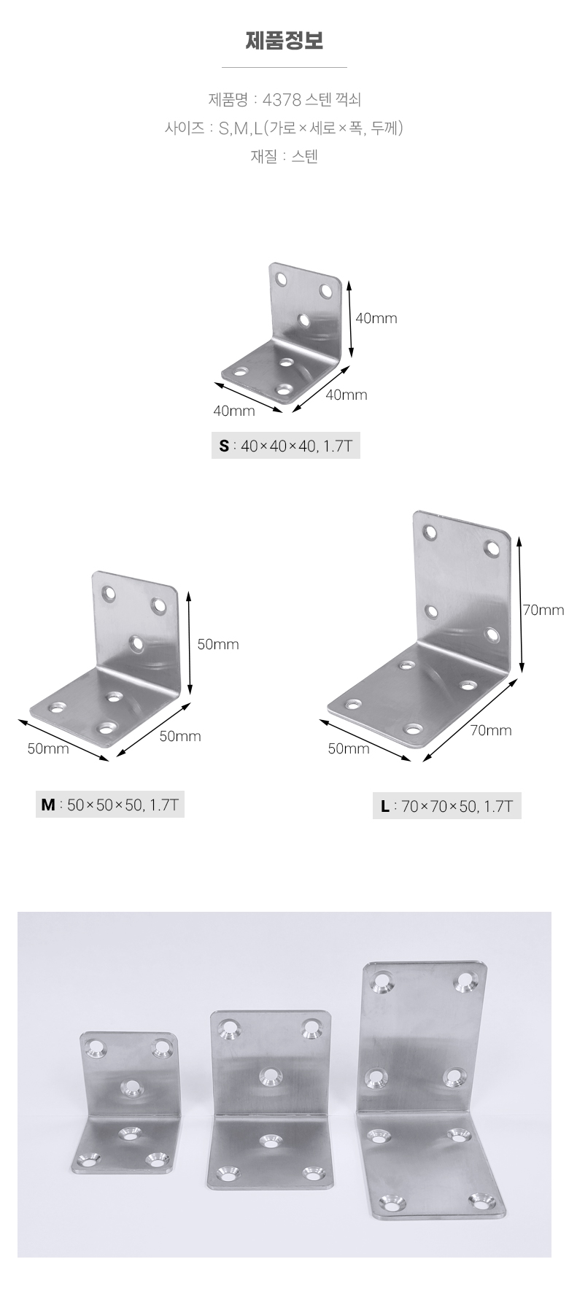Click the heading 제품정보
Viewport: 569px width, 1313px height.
[x=284, y=41]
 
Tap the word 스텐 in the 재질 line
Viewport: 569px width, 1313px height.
[x=305, y=156]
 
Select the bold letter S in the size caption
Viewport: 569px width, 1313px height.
[x=224, y=446]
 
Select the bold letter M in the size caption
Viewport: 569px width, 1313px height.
[x=48, y=805]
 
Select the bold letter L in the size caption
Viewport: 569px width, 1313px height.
[x=384, y=807]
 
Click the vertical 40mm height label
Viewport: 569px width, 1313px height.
[x=376, y=318]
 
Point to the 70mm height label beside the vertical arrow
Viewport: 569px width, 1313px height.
[x=543, y=610]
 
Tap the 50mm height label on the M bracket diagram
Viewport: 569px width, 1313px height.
[x=218, y=644]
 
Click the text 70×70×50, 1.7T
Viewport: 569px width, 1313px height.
[x=457, y=807]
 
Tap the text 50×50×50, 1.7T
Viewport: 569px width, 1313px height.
[x=123, y=805]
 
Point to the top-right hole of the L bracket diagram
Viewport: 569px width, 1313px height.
[x=493, y=548]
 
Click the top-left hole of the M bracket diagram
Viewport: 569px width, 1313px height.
[x=109, y=593]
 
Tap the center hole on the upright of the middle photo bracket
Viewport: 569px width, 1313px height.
[x=271, y=1076]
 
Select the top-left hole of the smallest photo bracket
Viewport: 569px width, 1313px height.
[x=96, y=1048]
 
